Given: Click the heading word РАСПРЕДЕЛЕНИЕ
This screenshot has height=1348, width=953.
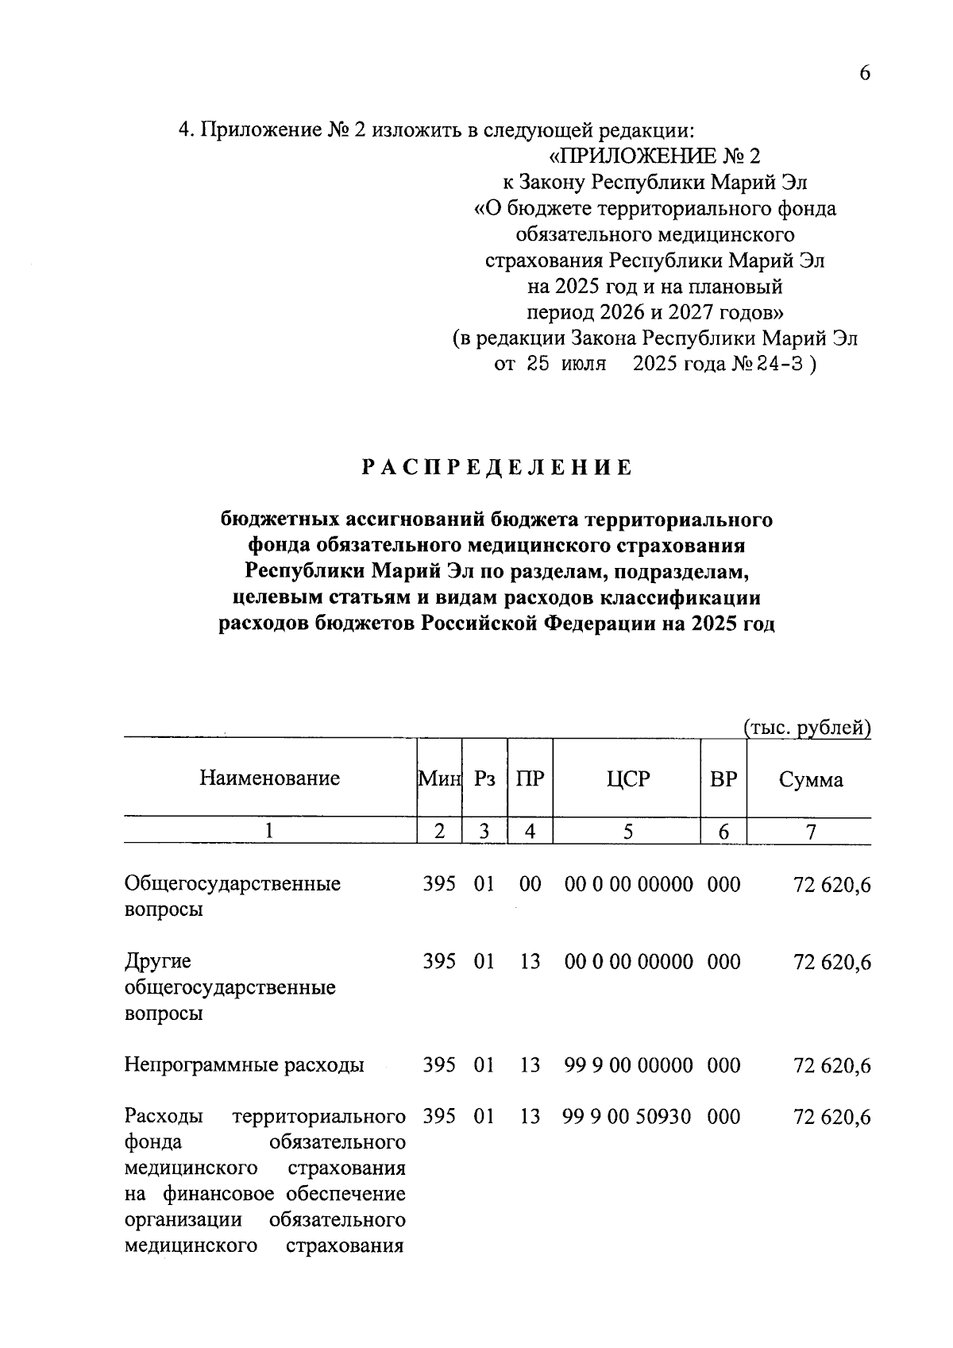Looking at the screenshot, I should [497, 468].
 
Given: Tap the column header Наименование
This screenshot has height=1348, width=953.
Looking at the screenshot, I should [269, 778].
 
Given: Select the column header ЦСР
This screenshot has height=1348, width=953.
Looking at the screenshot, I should [627, 778].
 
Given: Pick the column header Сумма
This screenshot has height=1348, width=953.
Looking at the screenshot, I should [810, 779].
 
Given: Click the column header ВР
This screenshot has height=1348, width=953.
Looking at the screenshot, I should [723, 778].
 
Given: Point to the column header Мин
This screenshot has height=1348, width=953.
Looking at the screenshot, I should [439, 778].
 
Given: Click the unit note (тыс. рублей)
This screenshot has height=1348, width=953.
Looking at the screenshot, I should [807, 727].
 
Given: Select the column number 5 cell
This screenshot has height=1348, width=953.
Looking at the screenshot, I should [627, 832].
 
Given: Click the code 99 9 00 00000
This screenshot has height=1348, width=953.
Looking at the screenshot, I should [628, 1065].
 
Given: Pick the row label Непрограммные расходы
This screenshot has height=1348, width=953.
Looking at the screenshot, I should [244, 1065].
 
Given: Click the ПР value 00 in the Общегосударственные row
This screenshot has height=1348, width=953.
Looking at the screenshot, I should [530, 883].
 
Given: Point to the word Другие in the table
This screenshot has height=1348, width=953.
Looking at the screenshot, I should [158, 961].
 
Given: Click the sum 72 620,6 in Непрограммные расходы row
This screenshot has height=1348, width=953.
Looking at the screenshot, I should [831, 1066].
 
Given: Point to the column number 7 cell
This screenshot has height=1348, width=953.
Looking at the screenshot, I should [810, 832].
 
